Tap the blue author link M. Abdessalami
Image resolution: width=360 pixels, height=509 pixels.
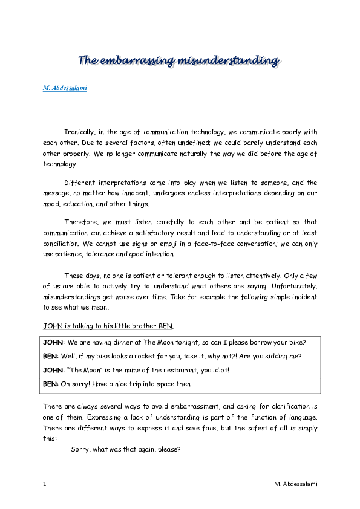click(x=65, y=89)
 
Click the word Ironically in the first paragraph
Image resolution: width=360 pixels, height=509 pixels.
click(x=80, y=132)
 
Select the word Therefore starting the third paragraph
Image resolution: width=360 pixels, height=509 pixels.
click(x=80, y=222)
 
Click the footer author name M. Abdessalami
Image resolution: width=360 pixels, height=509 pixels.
click(x=295, y=484)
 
